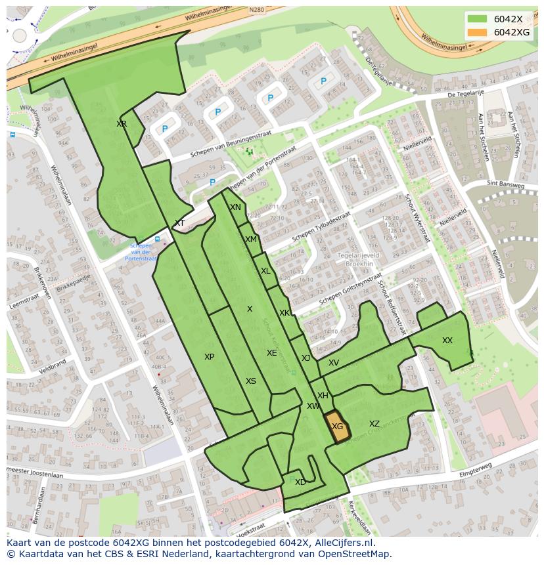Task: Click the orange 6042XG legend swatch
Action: tap(478, 32)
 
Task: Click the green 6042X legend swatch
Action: tap(478, 19)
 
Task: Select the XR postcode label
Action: tap(122, 124)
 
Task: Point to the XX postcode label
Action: tap(447, 341)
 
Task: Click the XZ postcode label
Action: tap(374, 424)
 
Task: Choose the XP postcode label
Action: tap(209, 357)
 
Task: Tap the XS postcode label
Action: tap(251, 381)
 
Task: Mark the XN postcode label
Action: tap(235, 207)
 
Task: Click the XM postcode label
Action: tap(251, 240)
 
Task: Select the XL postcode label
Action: tap(265, 271)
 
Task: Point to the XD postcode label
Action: tap(300, 482)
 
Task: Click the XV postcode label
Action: tap(334, 363)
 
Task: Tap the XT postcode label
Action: tap(179, 223)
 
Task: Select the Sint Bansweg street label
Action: tap(506, 186)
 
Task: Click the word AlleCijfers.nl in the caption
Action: tap(342, 543)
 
